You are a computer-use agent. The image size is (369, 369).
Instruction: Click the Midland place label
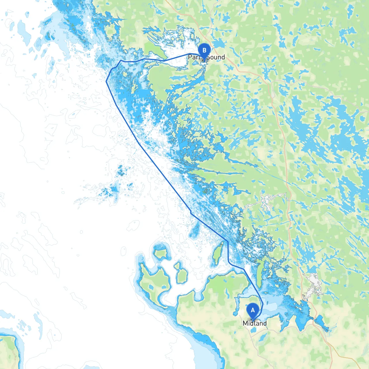click(x=255, y=323)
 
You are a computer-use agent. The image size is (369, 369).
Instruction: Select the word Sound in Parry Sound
click(x=215, y=57)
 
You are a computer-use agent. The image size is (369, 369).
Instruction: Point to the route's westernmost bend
click(x=106, y=81)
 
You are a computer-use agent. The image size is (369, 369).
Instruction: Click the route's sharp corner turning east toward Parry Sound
click(x=121, y=61)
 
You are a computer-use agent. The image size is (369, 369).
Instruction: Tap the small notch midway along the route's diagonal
click(x=191, y=213)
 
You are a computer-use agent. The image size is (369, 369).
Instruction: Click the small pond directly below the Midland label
click(x=253, y=330)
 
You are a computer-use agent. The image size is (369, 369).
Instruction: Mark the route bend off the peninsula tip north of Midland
click(x=244, y=269)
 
